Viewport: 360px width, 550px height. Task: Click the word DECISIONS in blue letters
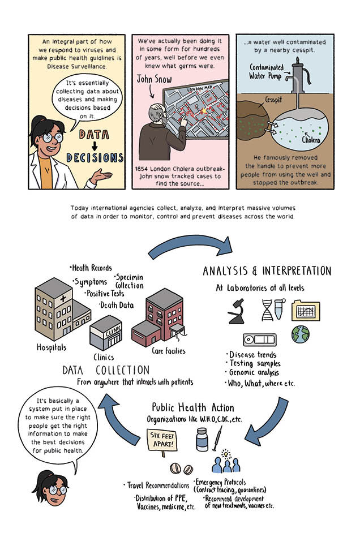click(95, 157)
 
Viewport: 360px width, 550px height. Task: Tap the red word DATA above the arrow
click(94, 135)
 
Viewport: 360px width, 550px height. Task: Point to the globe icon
click(300, 334)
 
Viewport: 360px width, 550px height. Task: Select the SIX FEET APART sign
click(164, 437)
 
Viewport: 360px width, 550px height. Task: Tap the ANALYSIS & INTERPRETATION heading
click(267, 271)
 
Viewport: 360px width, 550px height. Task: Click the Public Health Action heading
click(193, 407)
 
